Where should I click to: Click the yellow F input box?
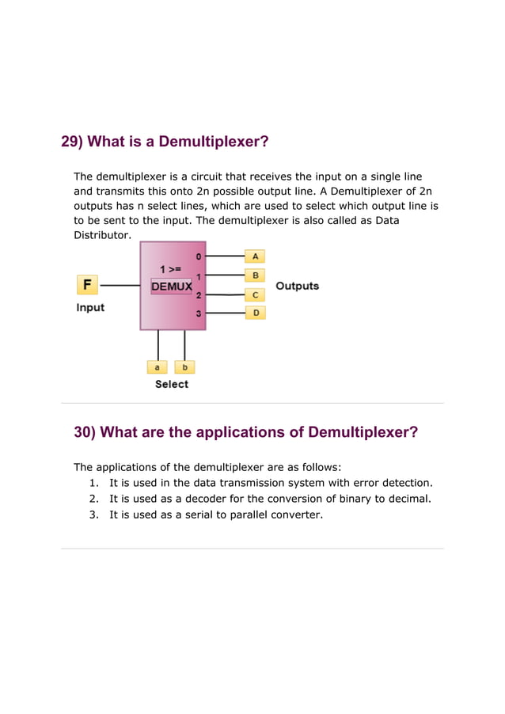(87, 284)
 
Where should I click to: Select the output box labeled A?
(255, 256)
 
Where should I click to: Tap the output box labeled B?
(255, 275)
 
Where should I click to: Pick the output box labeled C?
(255, 294)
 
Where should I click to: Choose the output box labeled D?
(255, 313)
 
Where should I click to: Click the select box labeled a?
(158, 367)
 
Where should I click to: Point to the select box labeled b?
(184, 367)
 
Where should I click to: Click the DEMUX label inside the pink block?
(171, 287)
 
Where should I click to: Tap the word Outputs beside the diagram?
(297, 286)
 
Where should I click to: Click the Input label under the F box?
(90, 307)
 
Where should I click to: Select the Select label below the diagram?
(171, 384)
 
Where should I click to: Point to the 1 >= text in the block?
(171, 269)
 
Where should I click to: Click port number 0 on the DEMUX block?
(199, 256)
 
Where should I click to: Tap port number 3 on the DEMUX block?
(199, 313)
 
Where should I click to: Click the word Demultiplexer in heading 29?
(213, 142)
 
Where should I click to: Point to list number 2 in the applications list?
(93, 499)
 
